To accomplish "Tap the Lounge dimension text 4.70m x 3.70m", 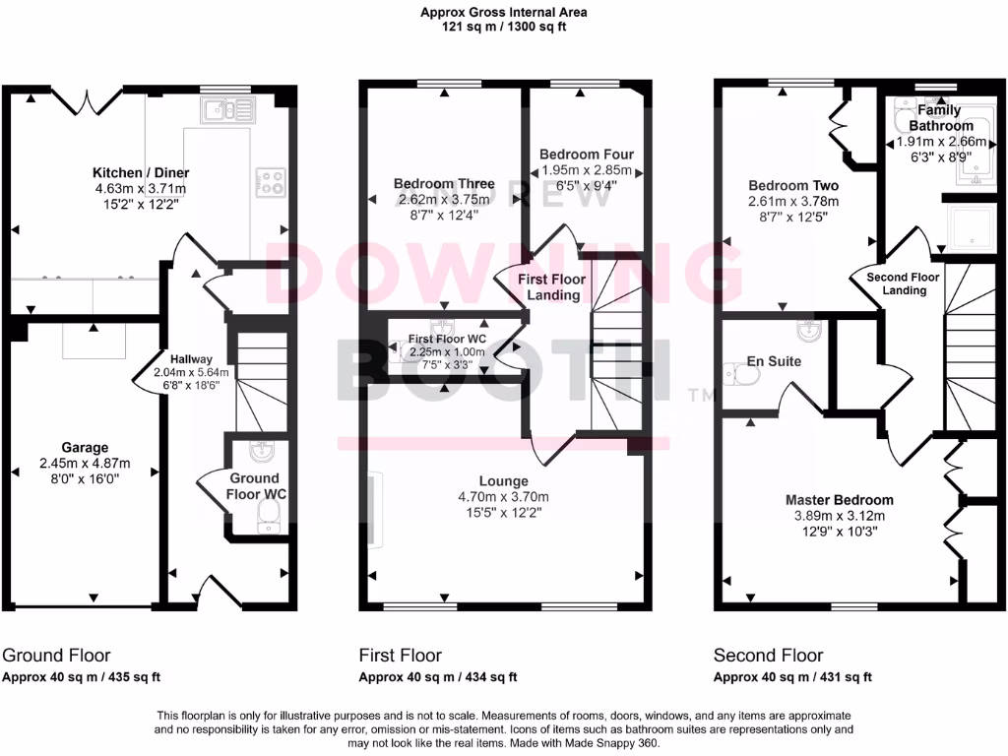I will point(503,497).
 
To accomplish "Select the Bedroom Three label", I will point(444,184).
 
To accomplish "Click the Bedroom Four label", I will point(587,155).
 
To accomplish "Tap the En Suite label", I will point(774,361).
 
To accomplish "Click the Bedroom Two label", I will point(793,185).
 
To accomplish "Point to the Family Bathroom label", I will point(940,118).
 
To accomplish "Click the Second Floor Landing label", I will point(904,283).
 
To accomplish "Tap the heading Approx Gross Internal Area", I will point(503,13).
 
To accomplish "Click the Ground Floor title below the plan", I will point(57,656).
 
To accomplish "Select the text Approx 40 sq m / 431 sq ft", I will point(792,677).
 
